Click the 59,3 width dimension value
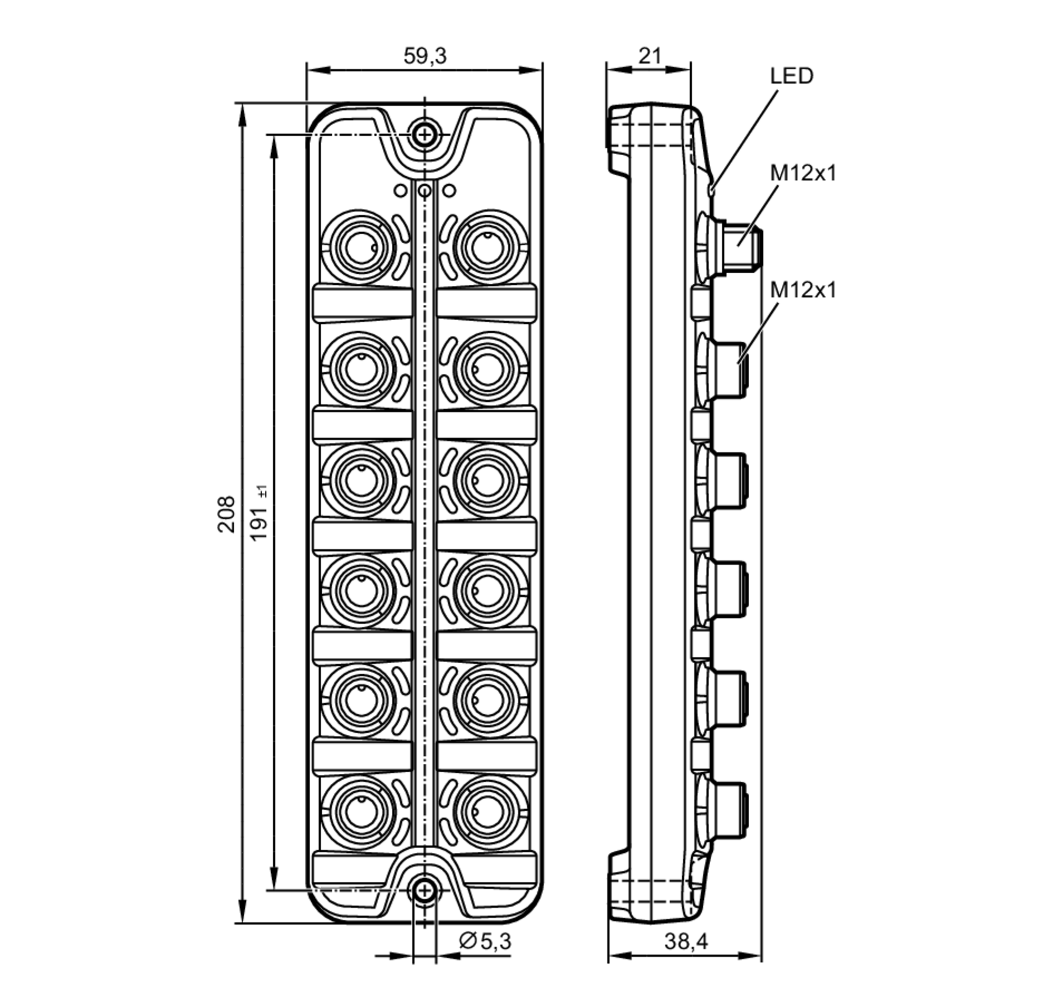click(x=425, y=56)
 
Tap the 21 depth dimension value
click(x=650, y=56)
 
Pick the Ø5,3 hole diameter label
click(x=485, y=941)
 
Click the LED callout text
click(x=791, y=76)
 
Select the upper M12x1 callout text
click(x=803, y=173)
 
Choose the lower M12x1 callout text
click(x=803, y=290)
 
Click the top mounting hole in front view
click(x=424, y=134)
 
